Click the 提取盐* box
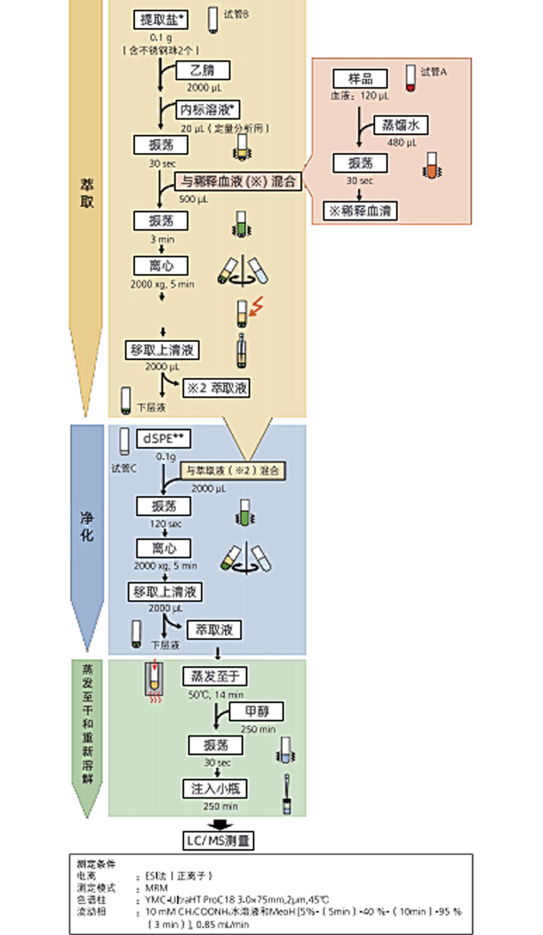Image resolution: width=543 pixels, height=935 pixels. (x=160, y=20)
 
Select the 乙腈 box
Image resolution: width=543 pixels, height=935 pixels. (x=203, y=70)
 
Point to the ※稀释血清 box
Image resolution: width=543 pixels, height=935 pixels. (x=360, y=211)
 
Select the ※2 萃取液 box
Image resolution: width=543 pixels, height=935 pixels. (x=216, y=388)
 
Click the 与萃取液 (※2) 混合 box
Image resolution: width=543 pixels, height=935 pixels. (x=231, y=471)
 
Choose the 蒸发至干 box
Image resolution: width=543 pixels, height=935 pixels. (x=215, y=676)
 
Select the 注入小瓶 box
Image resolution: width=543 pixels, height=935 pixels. (x=215, y=788)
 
